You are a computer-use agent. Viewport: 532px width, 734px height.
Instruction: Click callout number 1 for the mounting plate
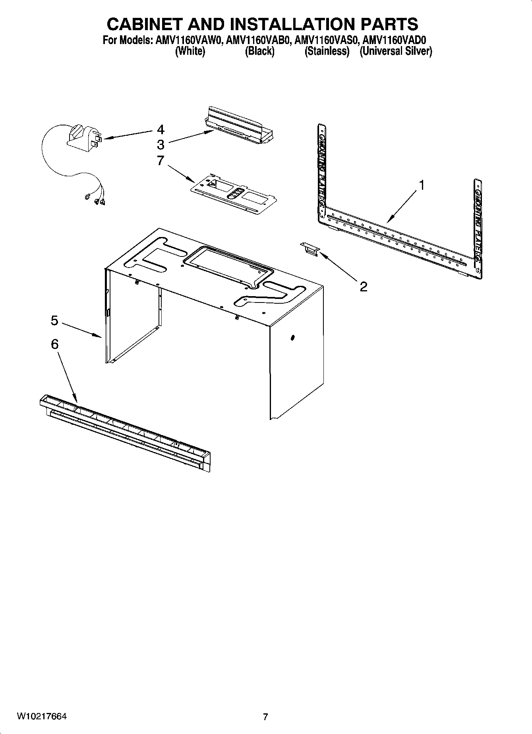click(x=422, y=185)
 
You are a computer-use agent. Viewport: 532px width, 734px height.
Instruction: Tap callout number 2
click(x=363, y=287)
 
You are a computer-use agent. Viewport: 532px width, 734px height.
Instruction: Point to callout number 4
click(x=160, y=129)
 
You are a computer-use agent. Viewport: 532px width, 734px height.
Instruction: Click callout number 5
click(x=54, y=320)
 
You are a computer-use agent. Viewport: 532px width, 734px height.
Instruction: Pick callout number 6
click(x=54, y=344)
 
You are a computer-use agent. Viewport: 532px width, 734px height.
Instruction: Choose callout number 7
click(x=160, y=160)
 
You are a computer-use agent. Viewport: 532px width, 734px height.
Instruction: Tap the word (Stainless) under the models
click(x=327, y=51)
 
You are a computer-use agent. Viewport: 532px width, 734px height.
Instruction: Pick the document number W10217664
click(x=41, y=717)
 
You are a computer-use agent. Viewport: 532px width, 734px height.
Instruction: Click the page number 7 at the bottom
click(x=265, y=717)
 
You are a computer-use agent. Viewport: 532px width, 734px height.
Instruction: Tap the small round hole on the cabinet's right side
click(x=293, y=338)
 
